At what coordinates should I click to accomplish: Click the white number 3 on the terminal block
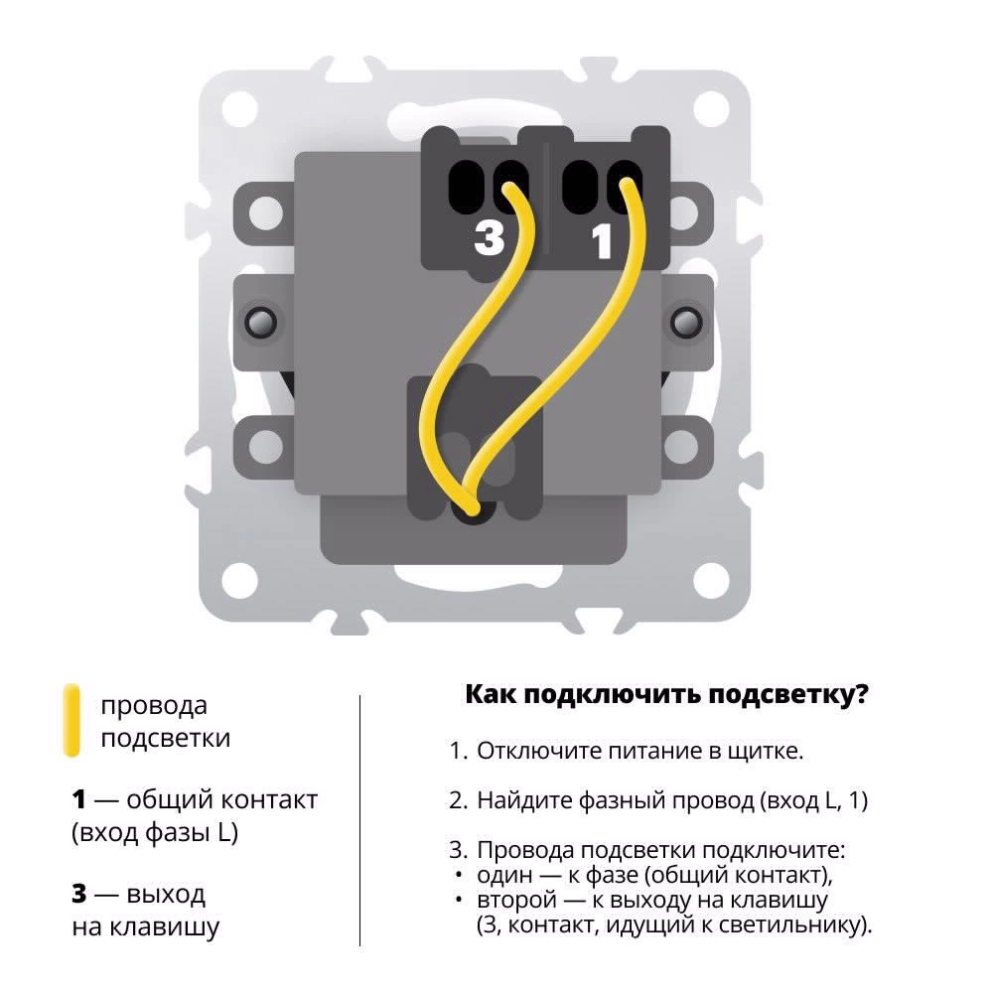coord(489,238)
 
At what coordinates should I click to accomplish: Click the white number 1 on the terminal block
coord(602,241)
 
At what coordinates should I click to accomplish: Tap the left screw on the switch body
coord(260,322)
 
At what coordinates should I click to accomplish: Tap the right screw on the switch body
coord(686,322)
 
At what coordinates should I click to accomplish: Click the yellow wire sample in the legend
coord(72,720)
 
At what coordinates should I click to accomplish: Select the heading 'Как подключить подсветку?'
coord(667,694)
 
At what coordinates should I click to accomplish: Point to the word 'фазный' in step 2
coord(622,801)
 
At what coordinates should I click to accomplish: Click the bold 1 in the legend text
coord(78,799)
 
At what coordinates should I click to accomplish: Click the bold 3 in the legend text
coord(79,894)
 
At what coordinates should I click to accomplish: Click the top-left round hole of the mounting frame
coord(240,108)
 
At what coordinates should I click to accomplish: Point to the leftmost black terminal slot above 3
coord(466,187)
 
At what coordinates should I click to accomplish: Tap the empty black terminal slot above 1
coord(580,187)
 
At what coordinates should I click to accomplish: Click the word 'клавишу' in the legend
coord(165,927)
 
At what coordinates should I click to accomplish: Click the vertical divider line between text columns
coord(359,821)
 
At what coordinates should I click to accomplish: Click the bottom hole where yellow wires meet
coord(472,510)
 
